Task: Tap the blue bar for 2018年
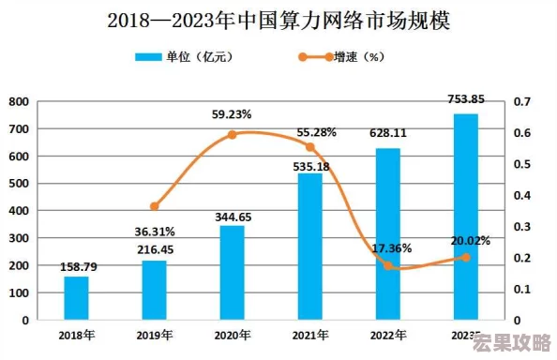point(76,297)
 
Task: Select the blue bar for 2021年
point(309,246)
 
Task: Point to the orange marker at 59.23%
point(232,135)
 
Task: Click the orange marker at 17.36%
point(388,265)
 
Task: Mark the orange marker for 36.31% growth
point(155,206)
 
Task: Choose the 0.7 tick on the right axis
point(522,101)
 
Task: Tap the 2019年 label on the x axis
point(155,335)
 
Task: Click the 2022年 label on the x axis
point(388,335)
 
